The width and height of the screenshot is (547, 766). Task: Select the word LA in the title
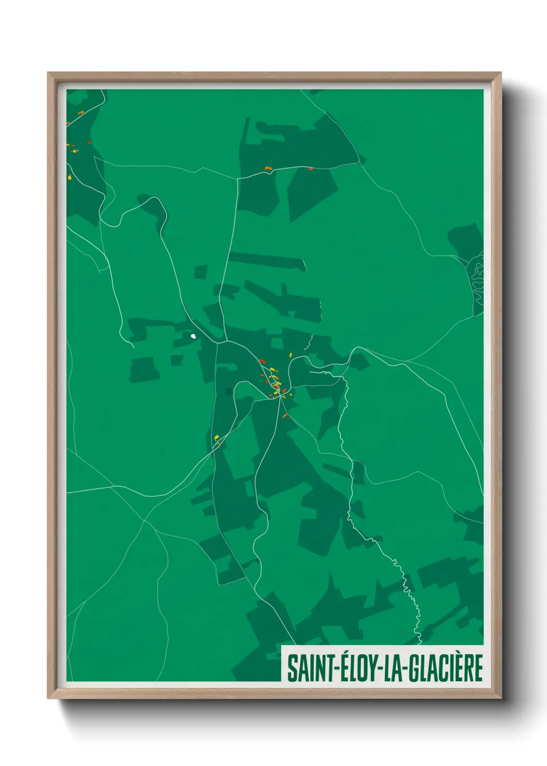(392, 668)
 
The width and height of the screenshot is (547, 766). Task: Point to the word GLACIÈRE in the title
(445, 668)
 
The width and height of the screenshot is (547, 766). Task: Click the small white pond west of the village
(193, 336)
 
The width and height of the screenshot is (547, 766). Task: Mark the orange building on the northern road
(268, 168)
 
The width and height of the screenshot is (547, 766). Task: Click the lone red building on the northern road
(310, 169)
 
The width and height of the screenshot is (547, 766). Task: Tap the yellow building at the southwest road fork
(217, 438)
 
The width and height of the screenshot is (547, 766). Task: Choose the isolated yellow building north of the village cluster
(291, 355)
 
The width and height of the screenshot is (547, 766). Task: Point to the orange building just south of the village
(284, 416)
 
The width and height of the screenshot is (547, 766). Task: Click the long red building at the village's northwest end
(262, 361)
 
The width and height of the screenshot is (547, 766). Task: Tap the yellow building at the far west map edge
(69, 178)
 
